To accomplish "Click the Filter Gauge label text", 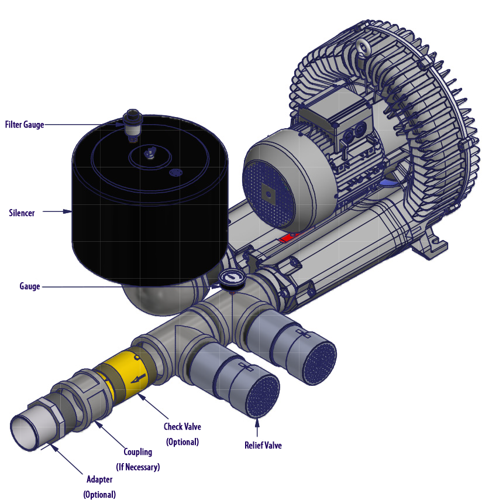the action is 25,124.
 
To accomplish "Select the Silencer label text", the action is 22,213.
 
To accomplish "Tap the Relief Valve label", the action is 263,445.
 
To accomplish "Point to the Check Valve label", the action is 182,434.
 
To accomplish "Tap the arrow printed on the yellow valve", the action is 138,378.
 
